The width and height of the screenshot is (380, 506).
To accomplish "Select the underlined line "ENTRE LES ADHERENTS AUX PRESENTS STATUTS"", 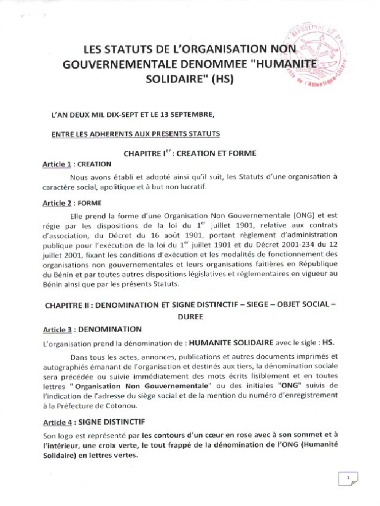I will coord(136,134).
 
